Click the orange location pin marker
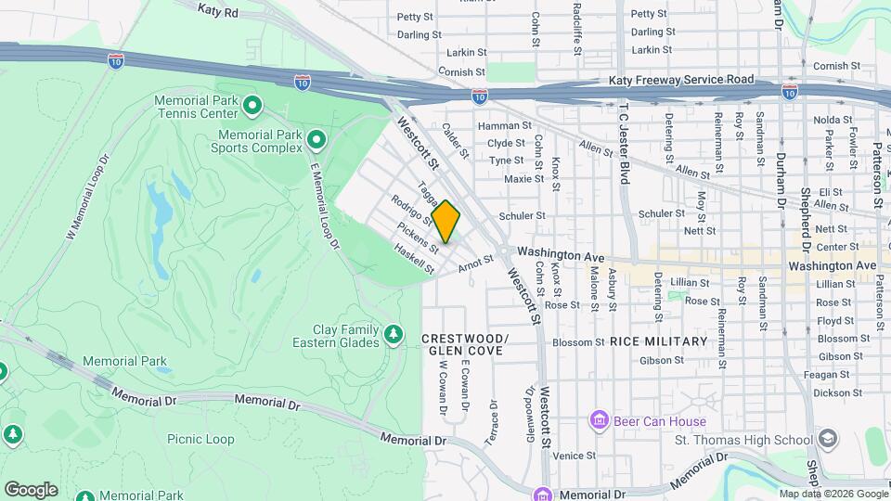coord(445,222)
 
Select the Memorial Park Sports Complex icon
coord(316,141)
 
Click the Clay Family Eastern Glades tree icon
coord(394,333)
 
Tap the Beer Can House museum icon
coord(599,421)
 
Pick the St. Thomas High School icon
coord(826,439)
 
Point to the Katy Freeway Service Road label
coord(681,81)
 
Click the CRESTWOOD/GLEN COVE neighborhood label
coord(463,344)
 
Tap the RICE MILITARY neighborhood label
coord(658,341)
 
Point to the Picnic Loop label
coord(200,439)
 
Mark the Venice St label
coord(574,456)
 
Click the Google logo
coord(31,489)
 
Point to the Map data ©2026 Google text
coord(833,494)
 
